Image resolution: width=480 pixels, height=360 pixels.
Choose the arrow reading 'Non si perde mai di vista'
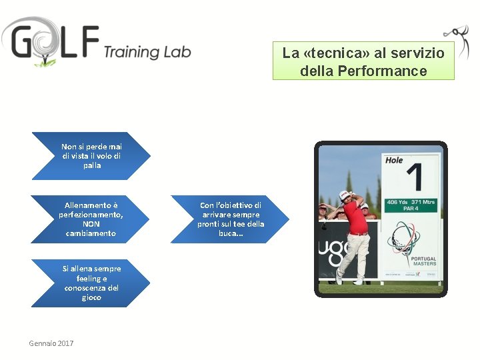(x=91, y=155)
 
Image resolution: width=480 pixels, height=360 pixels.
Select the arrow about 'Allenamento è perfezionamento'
(x=91, y=219)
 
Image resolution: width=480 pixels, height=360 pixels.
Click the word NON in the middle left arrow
(x=91, y=224)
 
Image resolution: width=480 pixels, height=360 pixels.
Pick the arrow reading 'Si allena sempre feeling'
(x=91, y=283)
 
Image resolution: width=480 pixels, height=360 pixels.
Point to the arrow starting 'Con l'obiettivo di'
(x=230, y=219)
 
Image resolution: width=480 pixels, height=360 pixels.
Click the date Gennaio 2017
(x=51, y=343)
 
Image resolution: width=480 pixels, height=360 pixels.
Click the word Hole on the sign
(x=394, y=161)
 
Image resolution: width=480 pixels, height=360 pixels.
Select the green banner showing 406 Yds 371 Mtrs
(x=411, y=205)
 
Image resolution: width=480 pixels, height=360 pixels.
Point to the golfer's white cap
(x=345, y=194)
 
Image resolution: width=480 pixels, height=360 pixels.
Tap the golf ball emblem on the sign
(x=405, y=236)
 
